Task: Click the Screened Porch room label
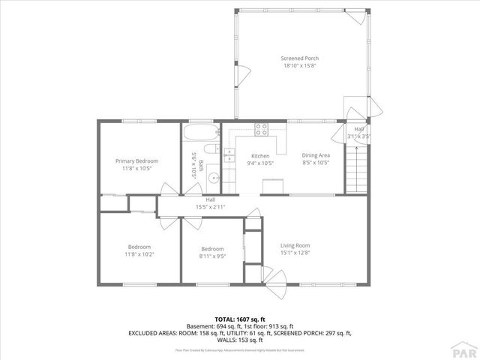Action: click(x=299, y=58)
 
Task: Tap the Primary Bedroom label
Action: click(x=136, y=161)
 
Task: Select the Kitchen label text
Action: click(x=250, y=155)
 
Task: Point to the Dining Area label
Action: click(x=316, y=155)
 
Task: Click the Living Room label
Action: click(x=295, y=245)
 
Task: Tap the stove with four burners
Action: click(x=262, y=128)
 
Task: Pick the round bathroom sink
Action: click(x=214, y=178)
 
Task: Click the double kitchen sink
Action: click(x=229, y=155)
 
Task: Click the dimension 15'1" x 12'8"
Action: click(x=295, y=253)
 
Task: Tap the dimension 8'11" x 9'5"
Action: click(x=212, y=256)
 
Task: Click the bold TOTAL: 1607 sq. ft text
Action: click(x=241, y=319)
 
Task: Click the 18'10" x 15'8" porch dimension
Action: click(x=299, y=65)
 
